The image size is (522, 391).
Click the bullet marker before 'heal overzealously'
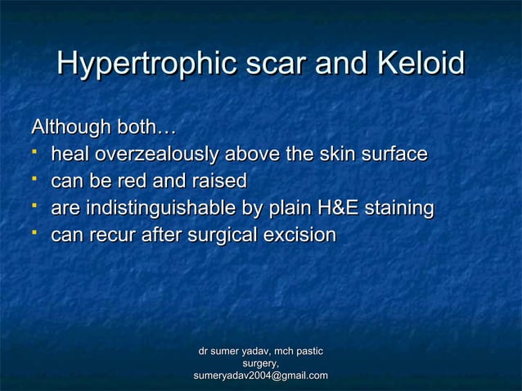(38, 153)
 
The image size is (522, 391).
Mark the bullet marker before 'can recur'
(38, 234)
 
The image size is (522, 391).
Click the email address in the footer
(260, 375)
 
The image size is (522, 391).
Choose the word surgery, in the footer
(260, 363)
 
